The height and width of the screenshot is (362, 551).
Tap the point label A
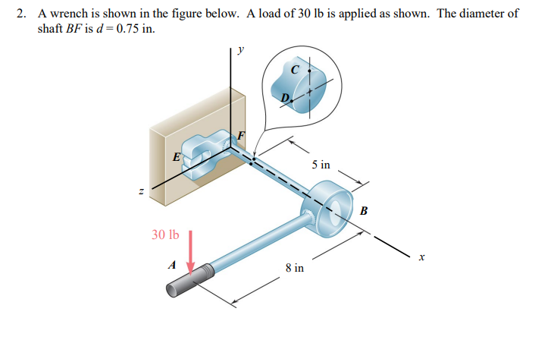click(x=172, y=265)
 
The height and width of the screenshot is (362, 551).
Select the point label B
click(x=364, y=210)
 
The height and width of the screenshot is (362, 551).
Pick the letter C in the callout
click(x=295, y=69)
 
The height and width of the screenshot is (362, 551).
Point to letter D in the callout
click(x=285, y=98)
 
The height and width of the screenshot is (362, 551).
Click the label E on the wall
click(x=176, y=158)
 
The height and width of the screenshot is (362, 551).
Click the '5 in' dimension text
click(x=321, y=165)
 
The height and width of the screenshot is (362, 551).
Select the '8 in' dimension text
click(x=294, y=268)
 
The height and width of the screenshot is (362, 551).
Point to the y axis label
click(x=241, y=50)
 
